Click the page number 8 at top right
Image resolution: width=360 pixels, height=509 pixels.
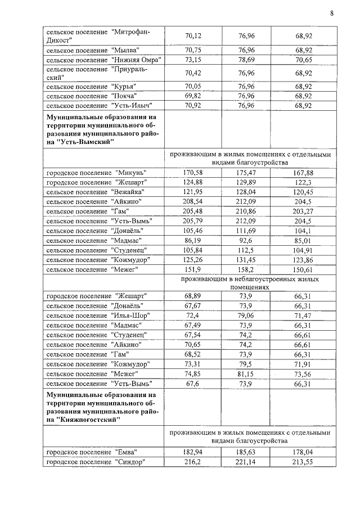(332, 14)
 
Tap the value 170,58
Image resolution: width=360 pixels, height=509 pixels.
(193, 172)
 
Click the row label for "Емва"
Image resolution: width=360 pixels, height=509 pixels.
(93, 452)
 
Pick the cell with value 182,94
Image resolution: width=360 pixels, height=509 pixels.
(193, 452)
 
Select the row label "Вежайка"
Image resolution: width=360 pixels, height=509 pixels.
(97, 192)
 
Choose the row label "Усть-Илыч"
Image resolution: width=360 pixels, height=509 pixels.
(99, 105)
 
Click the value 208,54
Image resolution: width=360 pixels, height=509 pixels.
(193, 202)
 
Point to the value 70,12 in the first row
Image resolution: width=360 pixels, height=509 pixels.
(193, 35)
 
